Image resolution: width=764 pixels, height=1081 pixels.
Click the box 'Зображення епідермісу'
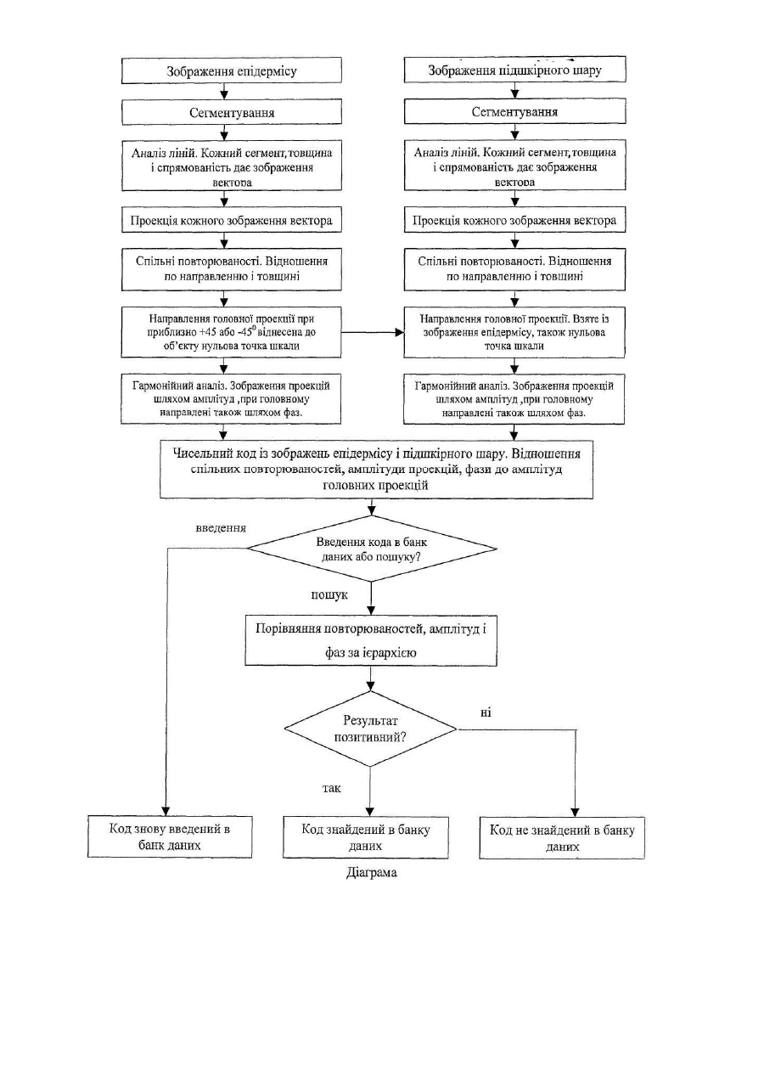232,70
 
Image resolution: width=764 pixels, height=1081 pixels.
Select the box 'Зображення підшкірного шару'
514,70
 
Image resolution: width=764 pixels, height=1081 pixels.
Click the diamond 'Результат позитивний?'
370,729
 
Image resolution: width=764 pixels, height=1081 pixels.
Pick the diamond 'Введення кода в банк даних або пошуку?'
372,549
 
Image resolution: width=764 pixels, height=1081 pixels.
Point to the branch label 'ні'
486,712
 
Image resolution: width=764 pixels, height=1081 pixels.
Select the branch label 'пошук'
329,595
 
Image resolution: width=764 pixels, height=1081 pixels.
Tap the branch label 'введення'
221,528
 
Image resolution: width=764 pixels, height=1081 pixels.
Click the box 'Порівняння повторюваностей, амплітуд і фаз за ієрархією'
371,640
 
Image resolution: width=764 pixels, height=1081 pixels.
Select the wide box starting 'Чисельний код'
376,469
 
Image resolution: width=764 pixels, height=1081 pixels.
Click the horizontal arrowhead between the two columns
399,332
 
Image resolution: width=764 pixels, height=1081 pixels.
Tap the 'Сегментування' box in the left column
232,112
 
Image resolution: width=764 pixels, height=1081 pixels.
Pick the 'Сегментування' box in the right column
514,111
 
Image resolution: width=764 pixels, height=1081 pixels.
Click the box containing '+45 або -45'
231,332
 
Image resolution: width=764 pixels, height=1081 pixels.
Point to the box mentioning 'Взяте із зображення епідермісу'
514,332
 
